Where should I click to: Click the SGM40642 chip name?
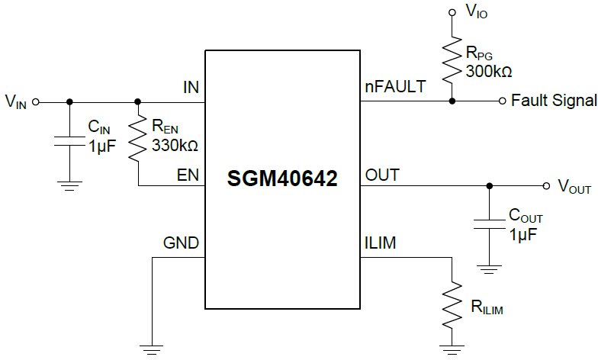[282, 179]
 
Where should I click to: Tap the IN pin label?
[191, 87]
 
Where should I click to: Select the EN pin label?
[188, 175]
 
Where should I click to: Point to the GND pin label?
[182, 243]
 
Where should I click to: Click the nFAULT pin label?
[396, 87]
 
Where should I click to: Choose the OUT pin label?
[382, 175]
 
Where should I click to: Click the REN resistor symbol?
[138, 138]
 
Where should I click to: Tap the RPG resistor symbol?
[452, 57]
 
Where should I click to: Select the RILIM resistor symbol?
[452, 303]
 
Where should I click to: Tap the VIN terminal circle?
[35, 101]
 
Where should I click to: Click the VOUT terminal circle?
[546, 185]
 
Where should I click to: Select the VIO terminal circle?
[452, 12]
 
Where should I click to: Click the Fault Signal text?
[554, 101]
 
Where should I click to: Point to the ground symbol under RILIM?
[452, 350]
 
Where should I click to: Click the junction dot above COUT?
[489, 185]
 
